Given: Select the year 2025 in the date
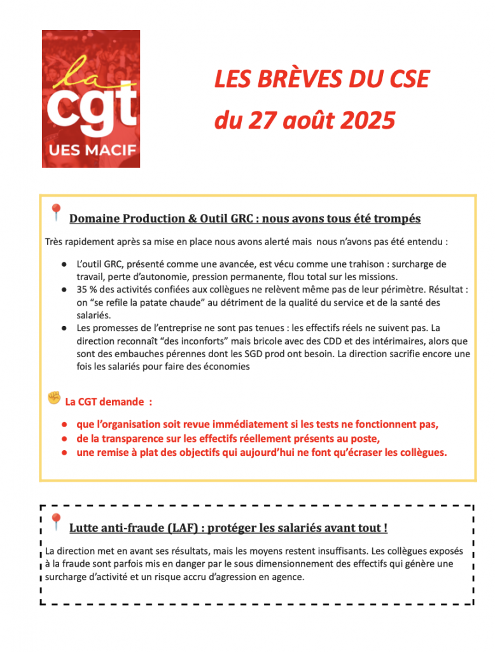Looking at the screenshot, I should point(365,120).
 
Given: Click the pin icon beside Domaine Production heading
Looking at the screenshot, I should point(56,213).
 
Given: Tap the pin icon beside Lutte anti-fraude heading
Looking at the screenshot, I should point(56,522).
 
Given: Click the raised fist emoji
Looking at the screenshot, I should point(54,399).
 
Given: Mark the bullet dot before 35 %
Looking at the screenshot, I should point(66,289).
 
